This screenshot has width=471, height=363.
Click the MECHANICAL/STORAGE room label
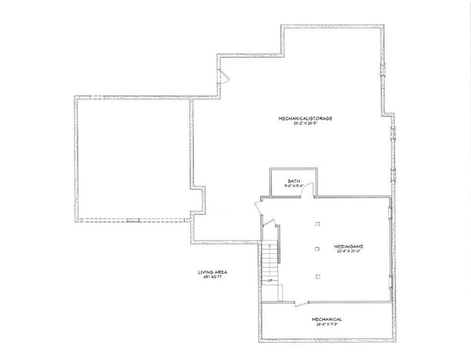tap(305, 118)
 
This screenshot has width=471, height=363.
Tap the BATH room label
tap(294, 181)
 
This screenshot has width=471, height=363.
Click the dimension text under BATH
tap(294, 186)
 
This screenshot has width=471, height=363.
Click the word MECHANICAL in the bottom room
tap(327, 319)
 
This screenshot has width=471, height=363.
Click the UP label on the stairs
tap(269, 281)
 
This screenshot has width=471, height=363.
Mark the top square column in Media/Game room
tap(317, 224)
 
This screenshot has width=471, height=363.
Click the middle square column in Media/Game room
tap(317, 248)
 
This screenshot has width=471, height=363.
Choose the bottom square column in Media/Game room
tap(317, 276)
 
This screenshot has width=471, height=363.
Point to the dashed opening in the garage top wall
tap(97, 98)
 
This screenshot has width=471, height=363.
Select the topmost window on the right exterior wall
tap(382, 69)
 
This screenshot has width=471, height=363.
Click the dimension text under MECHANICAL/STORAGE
tap(305, 123)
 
